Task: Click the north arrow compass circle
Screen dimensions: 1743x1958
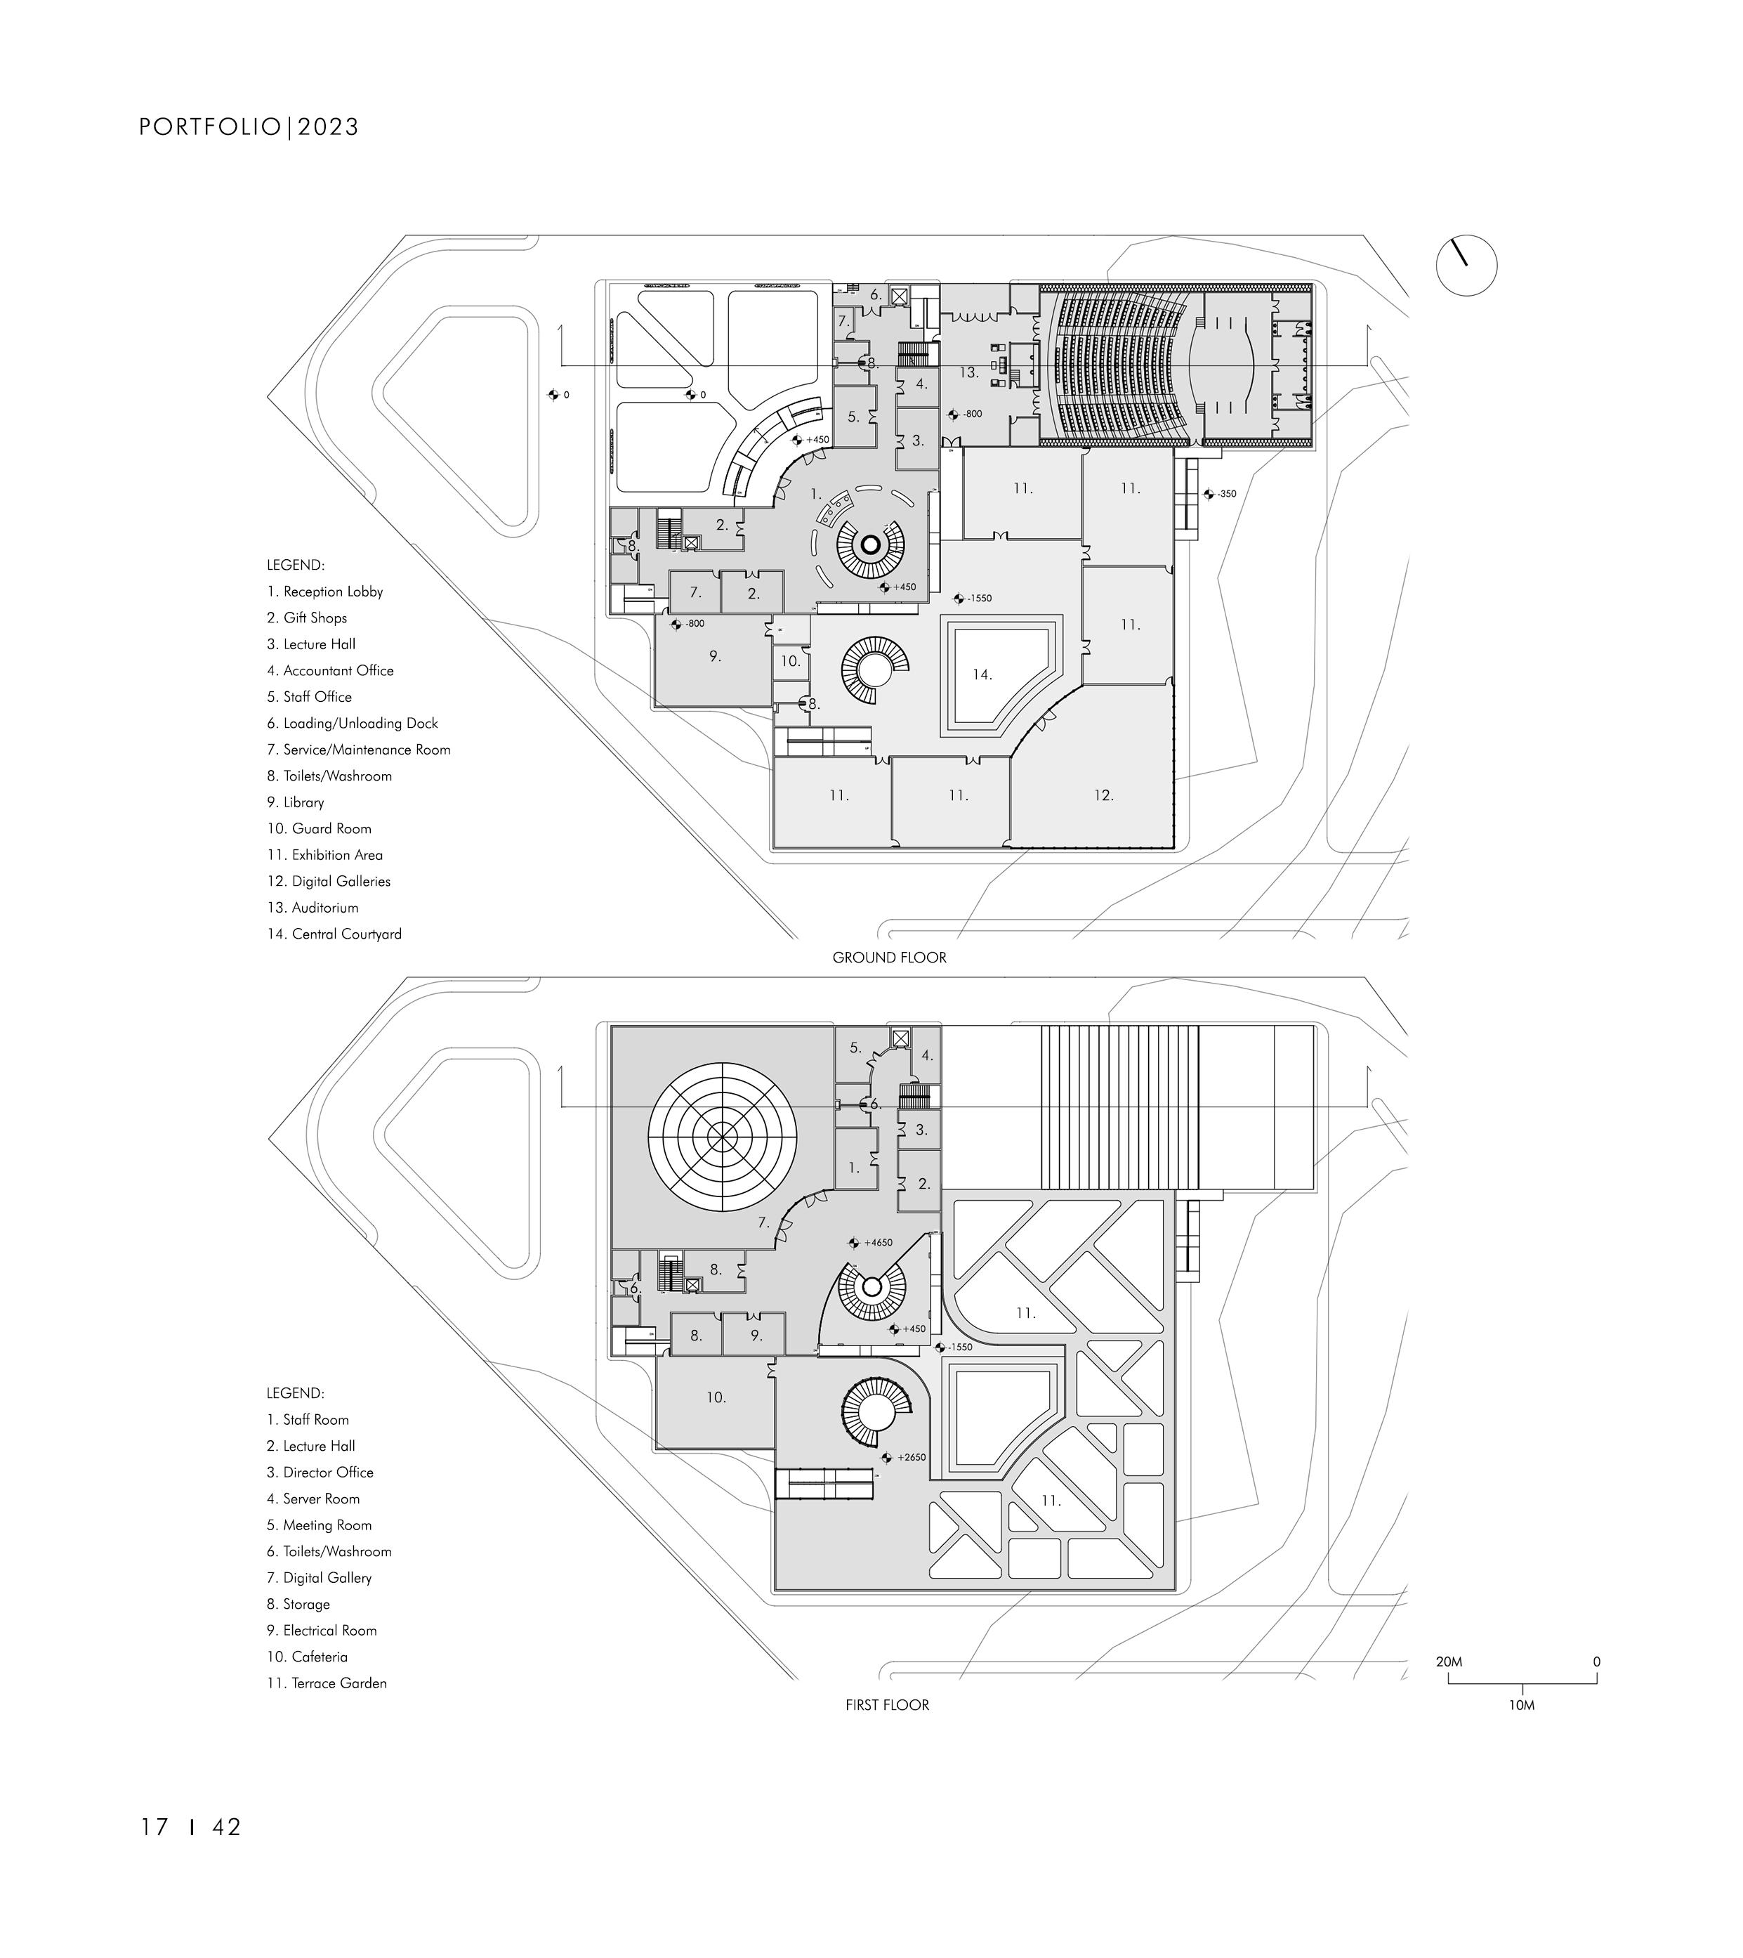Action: tap(1466, 266)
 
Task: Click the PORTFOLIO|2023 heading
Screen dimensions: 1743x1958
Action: tap(249, 127)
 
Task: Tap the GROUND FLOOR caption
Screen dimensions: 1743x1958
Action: tap(889, 957)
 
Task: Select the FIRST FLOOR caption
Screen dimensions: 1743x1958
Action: tap(887, 1705)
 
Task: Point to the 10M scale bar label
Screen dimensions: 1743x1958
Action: tap(1521, 1706)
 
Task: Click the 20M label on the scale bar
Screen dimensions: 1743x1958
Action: tap(1448, 1662)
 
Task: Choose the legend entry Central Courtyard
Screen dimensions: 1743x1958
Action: tap(334, 934)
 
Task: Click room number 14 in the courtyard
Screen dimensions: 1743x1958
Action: tap(982, 674)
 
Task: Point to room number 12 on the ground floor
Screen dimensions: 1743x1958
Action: tap(1103, 795)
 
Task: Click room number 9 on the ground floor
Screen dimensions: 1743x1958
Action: tap(714, 656)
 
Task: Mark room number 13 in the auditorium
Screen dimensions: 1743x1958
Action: tap(968, 372)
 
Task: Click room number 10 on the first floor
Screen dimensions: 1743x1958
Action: tap(716, 1397)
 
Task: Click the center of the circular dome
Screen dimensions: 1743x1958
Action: tap(721, 1135)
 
